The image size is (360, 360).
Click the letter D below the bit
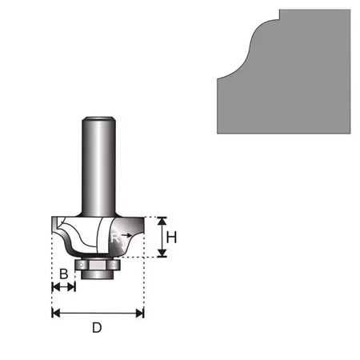(x=97, y=327)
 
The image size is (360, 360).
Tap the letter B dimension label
(x=63, y=274)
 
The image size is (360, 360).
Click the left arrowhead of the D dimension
(x=55, y=313)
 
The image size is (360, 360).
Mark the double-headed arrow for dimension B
(x=63, y=287)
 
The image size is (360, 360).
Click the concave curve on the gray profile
(x=248, y=48)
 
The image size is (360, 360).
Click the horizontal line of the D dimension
(x=97, y=313)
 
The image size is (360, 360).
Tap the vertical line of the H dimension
(x=162, y=237)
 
